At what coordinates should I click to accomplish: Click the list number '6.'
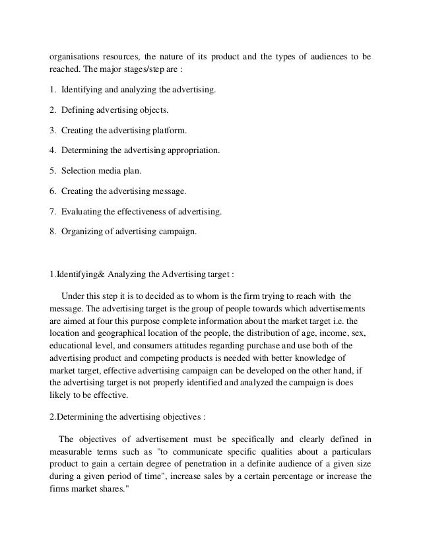pyautogui.click(x=54, y=192)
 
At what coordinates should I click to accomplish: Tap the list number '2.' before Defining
pyautogui.click(x=54, y=109)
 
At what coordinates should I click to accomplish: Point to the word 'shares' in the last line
pyautogui.click(x=119, y=488)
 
